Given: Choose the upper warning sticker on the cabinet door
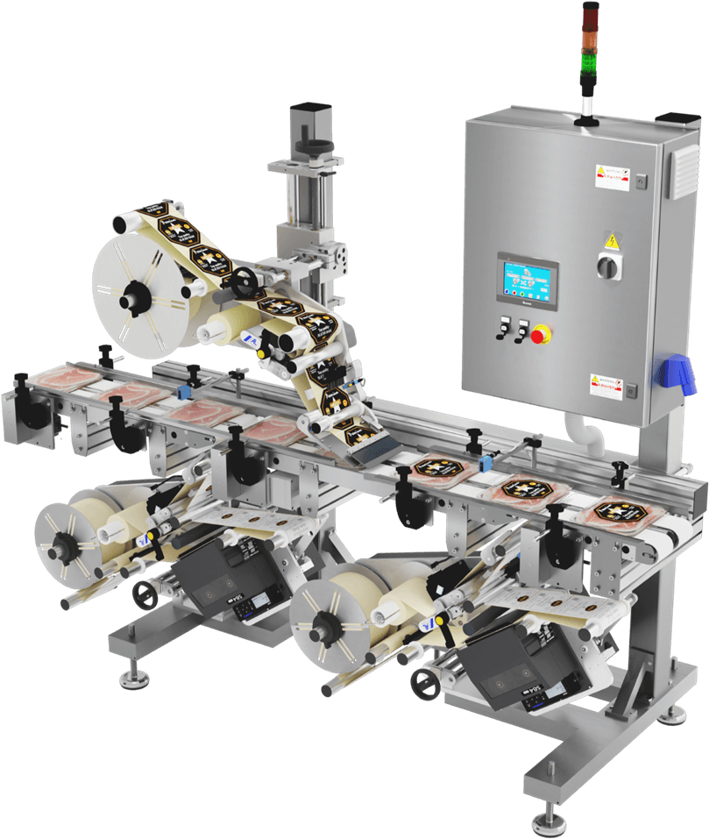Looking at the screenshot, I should coord(613,174).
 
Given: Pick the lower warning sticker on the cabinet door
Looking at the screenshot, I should coord(610,385).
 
